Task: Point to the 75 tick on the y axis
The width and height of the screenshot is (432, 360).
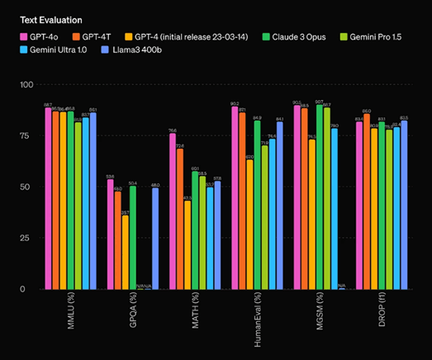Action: (27, 136)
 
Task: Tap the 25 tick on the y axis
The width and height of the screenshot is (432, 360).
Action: (27, 239)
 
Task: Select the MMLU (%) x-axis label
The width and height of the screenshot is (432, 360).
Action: (73, 315)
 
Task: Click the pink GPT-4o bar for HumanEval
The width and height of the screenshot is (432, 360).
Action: (235, 198)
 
